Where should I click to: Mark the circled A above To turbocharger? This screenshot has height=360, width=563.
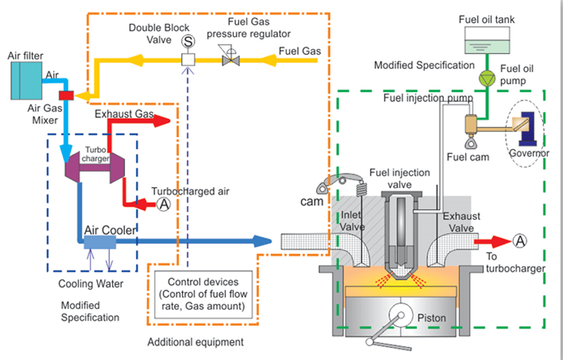click(x=520, y=240)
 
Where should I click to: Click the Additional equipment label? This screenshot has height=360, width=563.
click(x=195, y=342)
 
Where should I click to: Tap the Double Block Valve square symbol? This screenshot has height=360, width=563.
click(x=187, y=60)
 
